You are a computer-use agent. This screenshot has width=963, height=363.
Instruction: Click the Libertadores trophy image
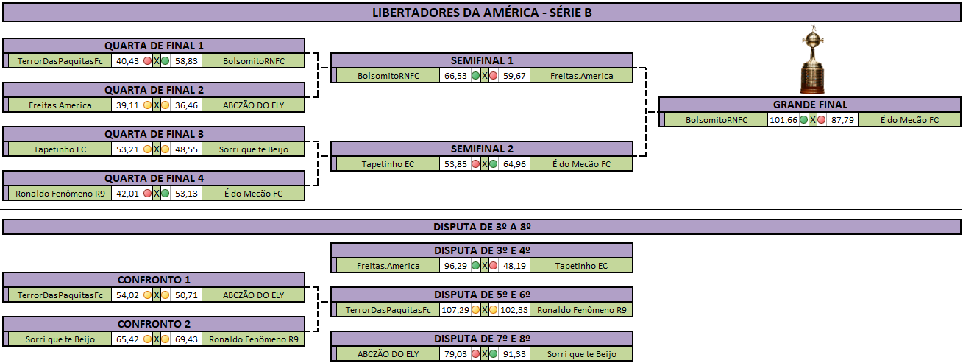[812, 60]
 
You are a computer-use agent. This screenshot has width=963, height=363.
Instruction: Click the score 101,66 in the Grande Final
[783, 120]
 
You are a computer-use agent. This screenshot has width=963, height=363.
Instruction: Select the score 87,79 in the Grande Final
[842, 120]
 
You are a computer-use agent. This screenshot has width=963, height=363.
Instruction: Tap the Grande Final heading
[810, 105]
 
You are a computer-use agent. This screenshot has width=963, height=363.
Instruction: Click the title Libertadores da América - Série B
[482, 13]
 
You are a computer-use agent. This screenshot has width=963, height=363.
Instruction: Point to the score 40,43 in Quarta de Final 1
[127, 61]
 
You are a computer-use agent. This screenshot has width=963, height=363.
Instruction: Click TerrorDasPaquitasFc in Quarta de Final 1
[60, 61]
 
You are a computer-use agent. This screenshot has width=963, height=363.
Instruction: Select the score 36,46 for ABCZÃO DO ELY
[186, 105]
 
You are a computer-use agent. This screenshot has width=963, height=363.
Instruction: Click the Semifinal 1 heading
[482, 60]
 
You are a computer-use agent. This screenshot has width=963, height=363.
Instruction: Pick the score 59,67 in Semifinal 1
[514, 76]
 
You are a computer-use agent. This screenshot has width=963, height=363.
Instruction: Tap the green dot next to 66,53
[475, 76]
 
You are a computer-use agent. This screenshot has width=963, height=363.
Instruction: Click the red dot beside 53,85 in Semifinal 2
[475, 164]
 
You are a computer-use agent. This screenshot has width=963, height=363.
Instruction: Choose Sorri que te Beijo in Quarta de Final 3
[254, 149]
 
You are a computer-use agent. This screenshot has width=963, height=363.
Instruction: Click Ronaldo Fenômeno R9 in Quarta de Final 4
[60, 194]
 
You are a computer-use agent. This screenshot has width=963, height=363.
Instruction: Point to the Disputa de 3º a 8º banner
[482, 227]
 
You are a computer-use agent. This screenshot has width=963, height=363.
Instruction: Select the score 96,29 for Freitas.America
[455, 266]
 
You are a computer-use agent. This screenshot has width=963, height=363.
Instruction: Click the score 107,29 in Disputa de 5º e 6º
[455, 310]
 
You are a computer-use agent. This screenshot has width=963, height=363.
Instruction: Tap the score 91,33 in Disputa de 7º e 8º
[514, 354]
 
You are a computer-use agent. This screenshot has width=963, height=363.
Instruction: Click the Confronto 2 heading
[154, 324]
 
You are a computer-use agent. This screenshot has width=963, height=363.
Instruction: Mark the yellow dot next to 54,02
[147, 295]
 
